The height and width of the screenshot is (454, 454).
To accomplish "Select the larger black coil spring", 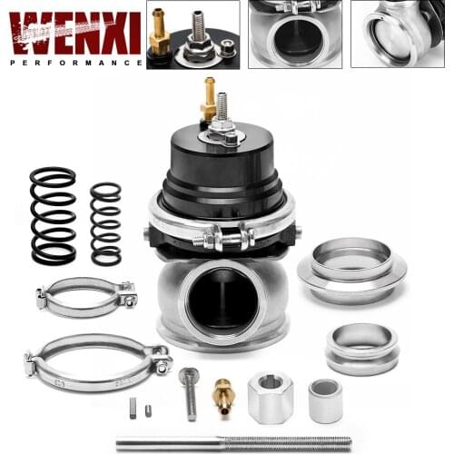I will pyautogui.click(x=53, y=216).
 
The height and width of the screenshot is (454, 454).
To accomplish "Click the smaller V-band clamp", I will pyautogui.click(x=86, y=297).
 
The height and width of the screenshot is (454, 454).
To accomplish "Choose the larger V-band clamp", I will pyautogui.click(x=97, y=360).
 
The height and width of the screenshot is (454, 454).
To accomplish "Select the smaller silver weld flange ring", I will pyautogui.click(x=361, y=348).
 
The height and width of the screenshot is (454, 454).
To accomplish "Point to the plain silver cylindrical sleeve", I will pyautogui.click(x=325, y=400).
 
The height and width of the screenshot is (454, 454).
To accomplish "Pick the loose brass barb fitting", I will pyautogui.click(x=222, y=393).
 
